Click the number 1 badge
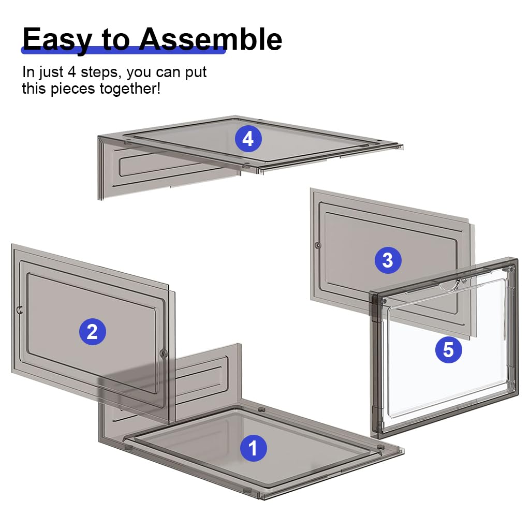253,448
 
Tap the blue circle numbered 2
92,332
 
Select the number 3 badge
388,260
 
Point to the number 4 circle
248,139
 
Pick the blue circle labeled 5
449,349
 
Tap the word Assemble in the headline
211,39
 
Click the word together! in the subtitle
130,89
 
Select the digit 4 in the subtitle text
71,72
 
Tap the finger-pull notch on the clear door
451,286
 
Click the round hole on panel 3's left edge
317,245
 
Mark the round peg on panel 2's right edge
164,354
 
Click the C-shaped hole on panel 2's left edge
20,310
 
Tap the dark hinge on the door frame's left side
375,307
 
